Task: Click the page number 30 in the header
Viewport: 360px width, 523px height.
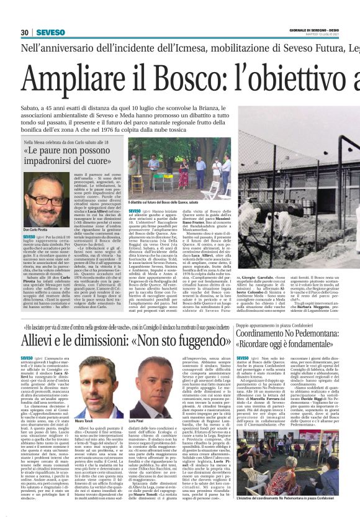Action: (24, 32)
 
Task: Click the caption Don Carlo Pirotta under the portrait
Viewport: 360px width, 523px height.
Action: (35, 230)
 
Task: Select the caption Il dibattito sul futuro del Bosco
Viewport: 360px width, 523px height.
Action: (161, 202)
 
